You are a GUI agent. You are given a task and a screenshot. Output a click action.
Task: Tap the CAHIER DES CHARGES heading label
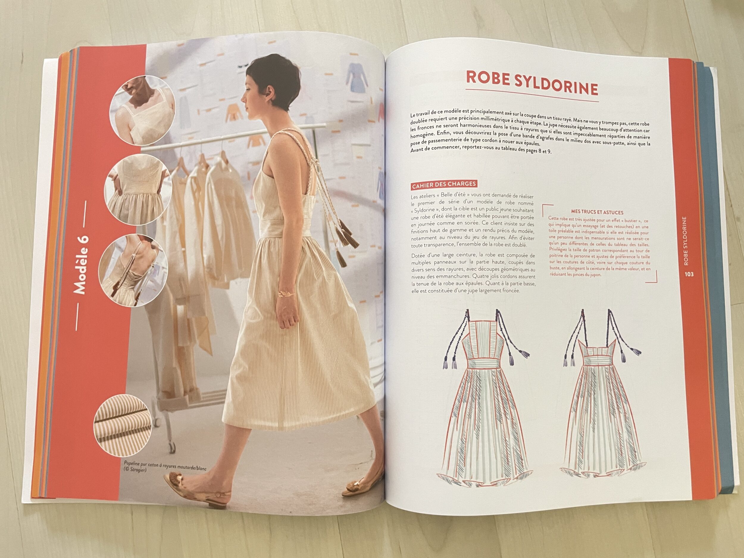point(444,185)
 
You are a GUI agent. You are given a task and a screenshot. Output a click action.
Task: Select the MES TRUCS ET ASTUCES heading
point(597,212)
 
